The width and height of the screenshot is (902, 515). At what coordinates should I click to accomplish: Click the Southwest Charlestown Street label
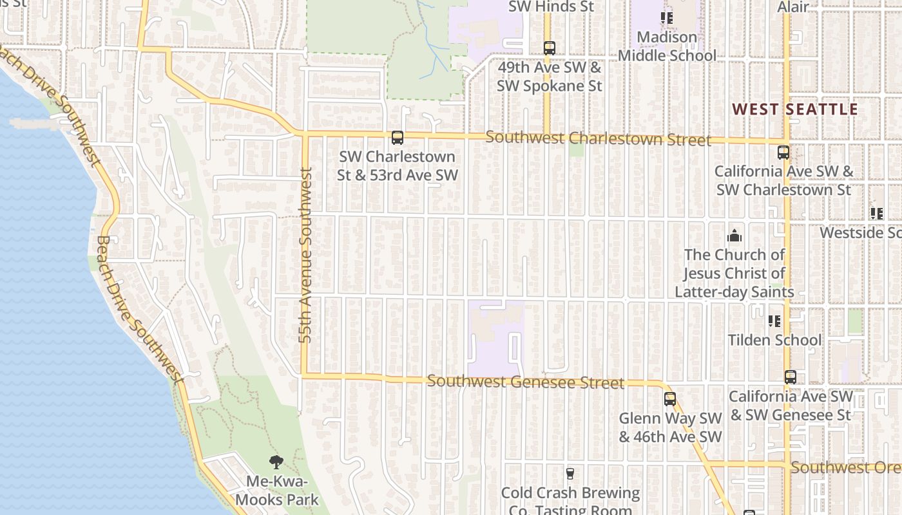[598, 138]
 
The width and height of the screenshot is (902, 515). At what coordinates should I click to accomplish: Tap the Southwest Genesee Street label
[525, 382]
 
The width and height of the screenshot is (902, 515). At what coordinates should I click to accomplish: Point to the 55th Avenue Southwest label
[306, 254]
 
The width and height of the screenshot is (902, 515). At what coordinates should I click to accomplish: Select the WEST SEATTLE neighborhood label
[795, 109]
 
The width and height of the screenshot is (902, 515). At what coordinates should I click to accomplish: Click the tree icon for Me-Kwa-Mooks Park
[276, 462]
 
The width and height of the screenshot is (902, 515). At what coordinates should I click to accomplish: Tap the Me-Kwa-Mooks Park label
[277, 491]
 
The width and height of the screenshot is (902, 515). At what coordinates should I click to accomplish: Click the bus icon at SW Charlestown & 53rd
[398, 138]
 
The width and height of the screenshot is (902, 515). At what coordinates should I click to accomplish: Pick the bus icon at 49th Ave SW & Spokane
[549, 48]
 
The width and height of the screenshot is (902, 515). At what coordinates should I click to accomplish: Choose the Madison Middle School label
[667, 46]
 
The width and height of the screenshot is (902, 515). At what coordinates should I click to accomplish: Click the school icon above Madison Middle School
[667, 18]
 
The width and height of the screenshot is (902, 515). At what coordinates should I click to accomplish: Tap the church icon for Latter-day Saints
[734, 236]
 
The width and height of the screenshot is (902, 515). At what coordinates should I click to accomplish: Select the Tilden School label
[774, 340]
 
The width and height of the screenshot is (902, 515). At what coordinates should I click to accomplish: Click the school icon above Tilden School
[774, 321]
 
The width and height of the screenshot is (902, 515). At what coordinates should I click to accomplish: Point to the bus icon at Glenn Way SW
[670, 399]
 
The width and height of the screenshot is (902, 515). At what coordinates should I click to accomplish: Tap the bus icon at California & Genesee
[791, 377]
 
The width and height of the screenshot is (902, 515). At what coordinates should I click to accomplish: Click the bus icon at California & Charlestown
[783, 153]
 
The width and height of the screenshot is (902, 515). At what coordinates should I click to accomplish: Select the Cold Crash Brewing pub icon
[570, 474]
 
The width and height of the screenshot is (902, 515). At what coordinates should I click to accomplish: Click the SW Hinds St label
[551, 7]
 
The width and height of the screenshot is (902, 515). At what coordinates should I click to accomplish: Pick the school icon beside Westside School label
[877, 213]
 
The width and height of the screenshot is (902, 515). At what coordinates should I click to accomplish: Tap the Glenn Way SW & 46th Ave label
[670, 427]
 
